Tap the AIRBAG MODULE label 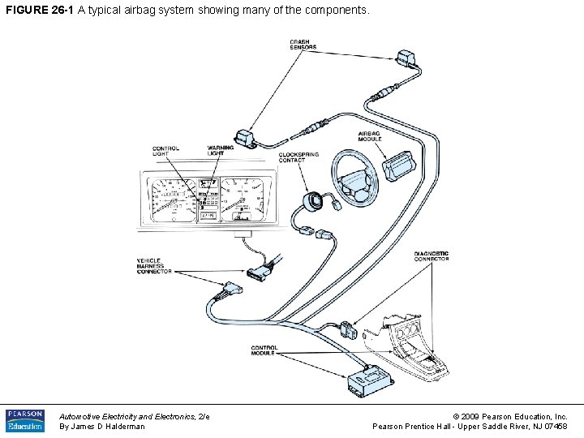370,136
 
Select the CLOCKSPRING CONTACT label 298,157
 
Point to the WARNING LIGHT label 220,150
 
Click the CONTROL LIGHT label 166,151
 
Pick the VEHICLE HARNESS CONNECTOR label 153,266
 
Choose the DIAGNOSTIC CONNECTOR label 432,256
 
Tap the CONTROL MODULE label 264,350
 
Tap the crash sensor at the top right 405,58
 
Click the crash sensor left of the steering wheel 243,139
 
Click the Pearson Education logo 25,420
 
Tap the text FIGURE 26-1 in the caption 39,11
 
